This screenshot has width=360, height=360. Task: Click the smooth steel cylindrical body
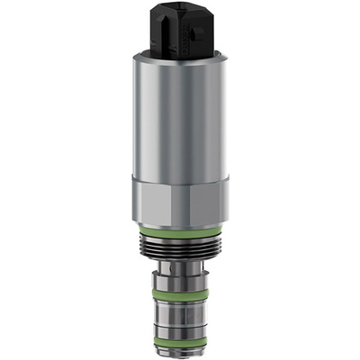point(179,117)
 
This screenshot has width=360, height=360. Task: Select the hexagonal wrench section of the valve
point(179,200)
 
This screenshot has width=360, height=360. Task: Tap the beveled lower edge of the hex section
point(179,226)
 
